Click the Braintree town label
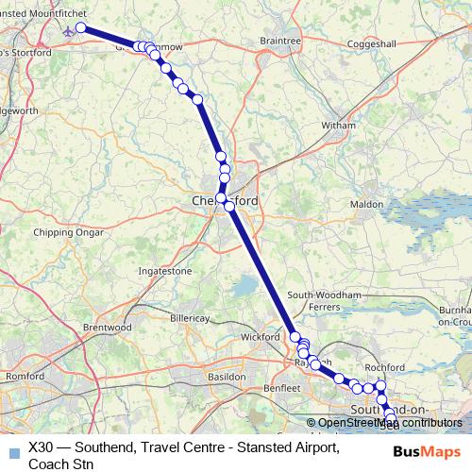279,41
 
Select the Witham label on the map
339,125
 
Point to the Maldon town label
366,204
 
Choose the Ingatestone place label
165,271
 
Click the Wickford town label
261,336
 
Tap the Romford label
25,376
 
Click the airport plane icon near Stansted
69,29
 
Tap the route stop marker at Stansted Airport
81,27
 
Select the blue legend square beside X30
12,451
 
